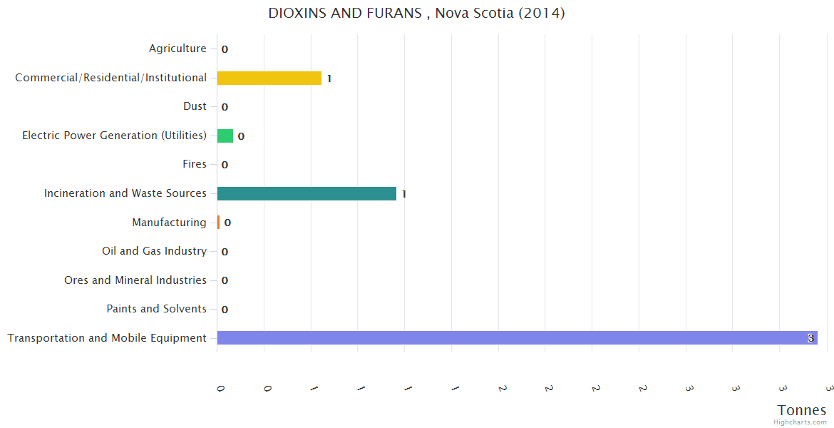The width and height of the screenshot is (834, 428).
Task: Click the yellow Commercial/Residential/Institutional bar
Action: coord(269,78)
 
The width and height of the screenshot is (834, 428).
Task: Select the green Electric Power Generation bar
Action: coord(225,136)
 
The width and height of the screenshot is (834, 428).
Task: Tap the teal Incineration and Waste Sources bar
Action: coord(307,193)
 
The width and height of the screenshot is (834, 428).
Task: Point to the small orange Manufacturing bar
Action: coord(218,223)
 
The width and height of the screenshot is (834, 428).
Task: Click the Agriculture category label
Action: coord(177,49)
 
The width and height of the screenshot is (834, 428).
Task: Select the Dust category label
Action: coord(195,106)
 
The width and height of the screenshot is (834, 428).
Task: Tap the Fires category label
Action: coord(195,164)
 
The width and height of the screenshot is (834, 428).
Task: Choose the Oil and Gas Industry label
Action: coord(154,251)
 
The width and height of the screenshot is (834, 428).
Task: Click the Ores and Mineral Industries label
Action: coord(135,280)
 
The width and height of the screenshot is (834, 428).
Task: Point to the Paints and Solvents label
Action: coord(156,309)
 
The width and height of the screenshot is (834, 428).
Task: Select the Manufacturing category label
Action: coord(169,223)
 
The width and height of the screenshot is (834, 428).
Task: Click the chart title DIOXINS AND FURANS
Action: coord(416,14)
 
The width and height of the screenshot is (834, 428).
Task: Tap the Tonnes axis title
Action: coord(802,410)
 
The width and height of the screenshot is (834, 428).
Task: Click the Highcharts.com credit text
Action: coord(800,422)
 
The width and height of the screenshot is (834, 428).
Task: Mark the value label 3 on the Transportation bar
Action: coord(810,338)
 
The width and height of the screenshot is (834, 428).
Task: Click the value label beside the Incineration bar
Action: coord(403,194)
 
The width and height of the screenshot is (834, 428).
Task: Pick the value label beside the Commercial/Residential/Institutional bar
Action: coord(329,78)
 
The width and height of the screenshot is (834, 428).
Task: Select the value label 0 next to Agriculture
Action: coord(225,50)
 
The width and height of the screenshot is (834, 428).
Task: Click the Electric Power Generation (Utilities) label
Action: coord(114,136)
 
